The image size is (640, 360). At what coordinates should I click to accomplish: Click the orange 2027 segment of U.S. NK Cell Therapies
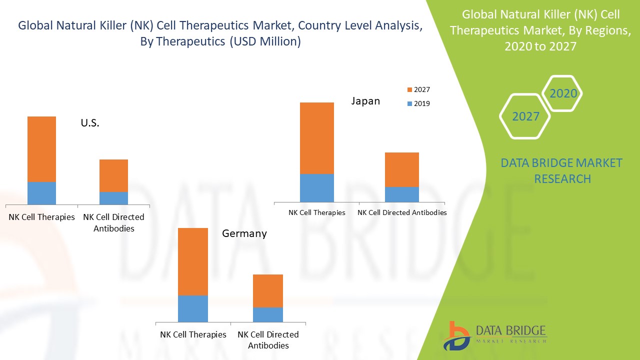tap(41, 149)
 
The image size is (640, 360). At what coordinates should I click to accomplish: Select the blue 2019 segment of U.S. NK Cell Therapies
tap(41, 193)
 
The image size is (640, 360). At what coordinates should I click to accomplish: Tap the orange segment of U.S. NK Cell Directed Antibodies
tap(113, 175)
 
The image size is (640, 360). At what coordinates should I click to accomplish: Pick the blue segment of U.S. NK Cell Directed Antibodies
tap(113, 198)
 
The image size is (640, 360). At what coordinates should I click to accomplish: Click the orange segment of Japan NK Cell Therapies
tap(316, 138)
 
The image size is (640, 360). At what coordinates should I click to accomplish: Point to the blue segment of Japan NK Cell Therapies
tap(316, 188)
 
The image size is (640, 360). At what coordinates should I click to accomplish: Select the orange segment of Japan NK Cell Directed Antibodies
tap(401, 169)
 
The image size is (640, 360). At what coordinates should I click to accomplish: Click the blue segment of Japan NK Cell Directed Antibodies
tap(401, 194)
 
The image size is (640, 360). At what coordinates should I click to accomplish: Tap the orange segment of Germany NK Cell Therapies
tap(193, 261)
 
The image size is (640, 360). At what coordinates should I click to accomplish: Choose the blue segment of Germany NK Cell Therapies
tap(193, 308)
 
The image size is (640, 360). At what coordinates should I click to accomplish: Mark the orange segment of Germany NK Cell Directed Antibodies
tap(267, 290)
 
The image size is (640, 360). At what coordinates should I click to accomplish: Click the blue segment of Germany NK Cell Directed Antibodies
tap(267, 314)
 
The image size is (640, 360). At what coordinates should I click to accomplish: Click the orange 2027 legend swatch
tap(409, 89)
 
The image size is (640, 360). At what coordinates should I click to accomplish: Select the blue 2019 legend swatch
tap(409, 103)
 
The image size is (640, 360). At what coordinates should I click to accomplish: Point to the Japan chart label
tap(365, 101)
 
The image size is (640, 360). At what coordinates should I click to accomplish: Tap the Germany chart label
tap(244, 233)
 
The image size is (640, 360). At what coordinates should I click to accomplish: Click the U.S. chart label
tap(90, 123)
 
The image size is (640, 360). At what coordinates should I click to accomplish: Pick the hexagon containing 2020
tap(563, 93)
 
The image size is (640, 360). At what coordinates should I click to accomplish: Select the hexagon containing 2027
tap(525, 116)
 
